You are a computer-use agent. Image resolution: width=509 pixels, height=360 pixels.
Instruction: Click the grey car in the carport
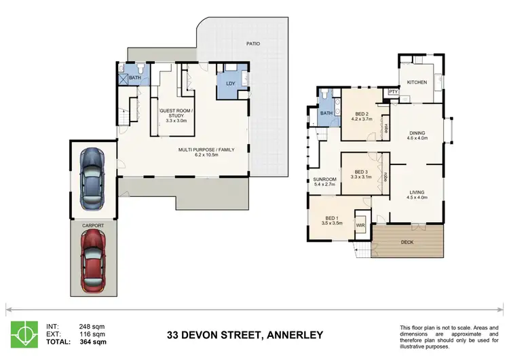[x=91, y=178]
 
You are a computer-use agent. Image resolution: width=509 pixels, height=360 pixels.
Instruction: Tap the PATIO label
[x=253, y=44]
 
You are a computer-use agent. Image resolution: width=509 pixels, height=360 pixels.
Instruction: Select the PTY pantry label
[x=392, y=92]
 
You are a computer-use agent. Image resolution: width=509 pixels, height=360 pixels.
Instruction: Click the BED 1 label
[x=331, y=217]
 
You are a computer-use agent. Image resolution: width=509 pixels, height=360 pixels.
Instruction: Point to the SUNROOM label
[x=324, y=180]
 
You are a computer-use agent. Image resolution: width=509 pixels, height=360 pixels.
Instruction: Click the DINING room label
[x=417, y=133]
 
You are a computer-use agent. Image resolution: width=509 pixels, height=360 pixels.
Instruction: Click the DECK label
[x=407, y=242]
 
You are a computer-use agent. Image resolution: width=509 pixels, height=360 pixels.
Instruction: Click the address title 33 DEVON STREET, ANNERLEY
[x=245, y=335]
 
